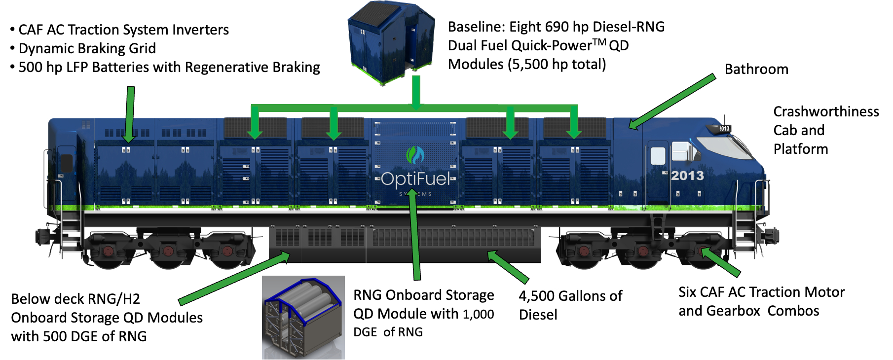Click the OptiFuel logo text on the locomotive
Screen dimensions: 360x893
point(415,179)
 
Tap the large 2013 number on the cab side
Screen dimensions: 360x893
point(687,176)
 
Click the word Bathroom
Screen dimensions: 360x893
point(756,69)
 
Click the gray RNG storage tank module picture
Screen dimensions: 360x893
point(303,317)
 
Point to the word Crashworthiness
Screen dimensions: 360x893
point(826,111)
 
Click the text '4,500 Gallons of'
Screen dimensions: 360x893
point(570,296)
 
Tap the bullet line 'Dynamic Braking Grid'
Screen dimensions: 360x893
point(87,48)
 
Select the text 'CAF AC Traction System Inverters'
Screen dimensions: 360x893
point(123,30)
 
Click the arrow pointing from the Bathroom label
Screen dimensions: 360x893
point(672,101)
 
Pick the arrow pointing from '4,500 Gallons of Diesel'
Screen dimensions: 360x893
point(508,267)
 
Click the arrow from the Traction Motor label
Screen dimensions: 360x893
point(721,262)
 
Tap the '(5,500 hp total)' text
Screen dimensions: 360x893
point(557,64)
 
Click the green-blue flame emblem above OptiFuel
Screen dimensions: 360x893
point(415,155)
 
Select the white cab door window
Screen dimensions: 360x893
point(658,156)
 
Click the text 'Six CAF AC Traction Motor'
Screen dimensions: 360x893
point(761,292)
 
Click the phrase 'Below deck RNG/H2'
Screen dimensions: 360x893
point(75,299)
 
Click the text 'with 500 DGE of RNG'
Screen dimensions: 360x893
point(79,336)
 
